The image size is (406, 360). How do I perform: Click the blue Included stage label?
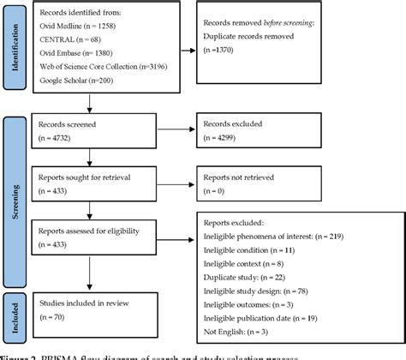click(x=12, y=314)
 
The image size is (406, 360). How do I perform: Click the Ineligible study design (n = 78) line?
click(x=263, y=290)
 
